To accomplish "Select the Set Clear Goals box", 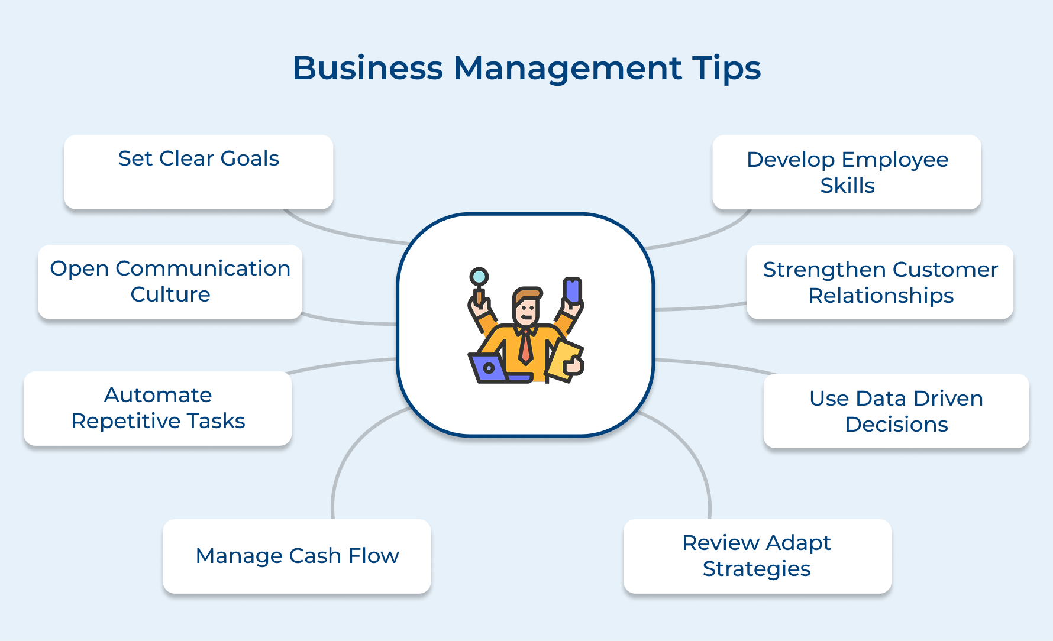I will point(199,171).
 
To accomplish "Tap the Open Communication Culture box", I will point(170,281).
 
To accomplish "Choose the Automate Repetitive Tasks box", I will point(158,408).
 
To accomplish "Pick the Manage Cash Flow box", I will point(297,556).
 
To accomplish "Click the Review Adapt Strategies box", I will point(757,556).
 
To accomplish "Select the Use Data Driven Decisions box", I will point(896,411).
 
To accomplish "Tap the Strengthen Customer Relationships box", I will point(880,282).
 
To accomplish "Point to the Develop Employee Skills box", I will point(847,172).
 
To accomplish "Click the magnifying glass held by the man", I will point(479,277).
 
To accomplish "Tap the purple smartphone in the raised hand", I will point(572,291).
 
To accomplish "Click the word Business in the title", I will point(367,68).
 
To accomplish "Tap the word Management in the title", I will point(567,68).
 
